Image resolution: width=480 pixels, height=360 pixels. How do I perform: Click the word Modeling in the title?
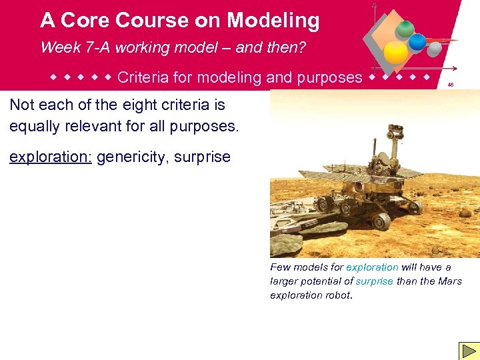pos(273,21)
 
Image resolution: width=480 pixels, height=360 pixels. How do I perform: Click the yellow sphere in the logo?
pos(396,53)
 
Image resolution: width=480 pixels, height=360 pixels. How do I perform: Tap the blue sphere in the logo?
pos(417,42)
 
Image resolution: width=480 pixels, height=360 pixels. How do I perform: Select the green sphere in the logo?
pos(404,29)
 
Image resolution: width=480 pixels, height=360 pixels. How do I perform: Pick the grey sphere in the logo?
pos(434,49)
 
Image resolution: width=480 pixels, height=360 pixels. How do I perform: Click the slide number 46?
pos(451,85)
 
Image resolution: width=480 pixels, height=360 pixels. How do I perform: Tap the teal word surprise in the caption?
pos(374,281)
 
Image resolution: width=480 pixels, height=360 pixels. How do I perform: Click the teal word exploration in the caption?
pos(372,267)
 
